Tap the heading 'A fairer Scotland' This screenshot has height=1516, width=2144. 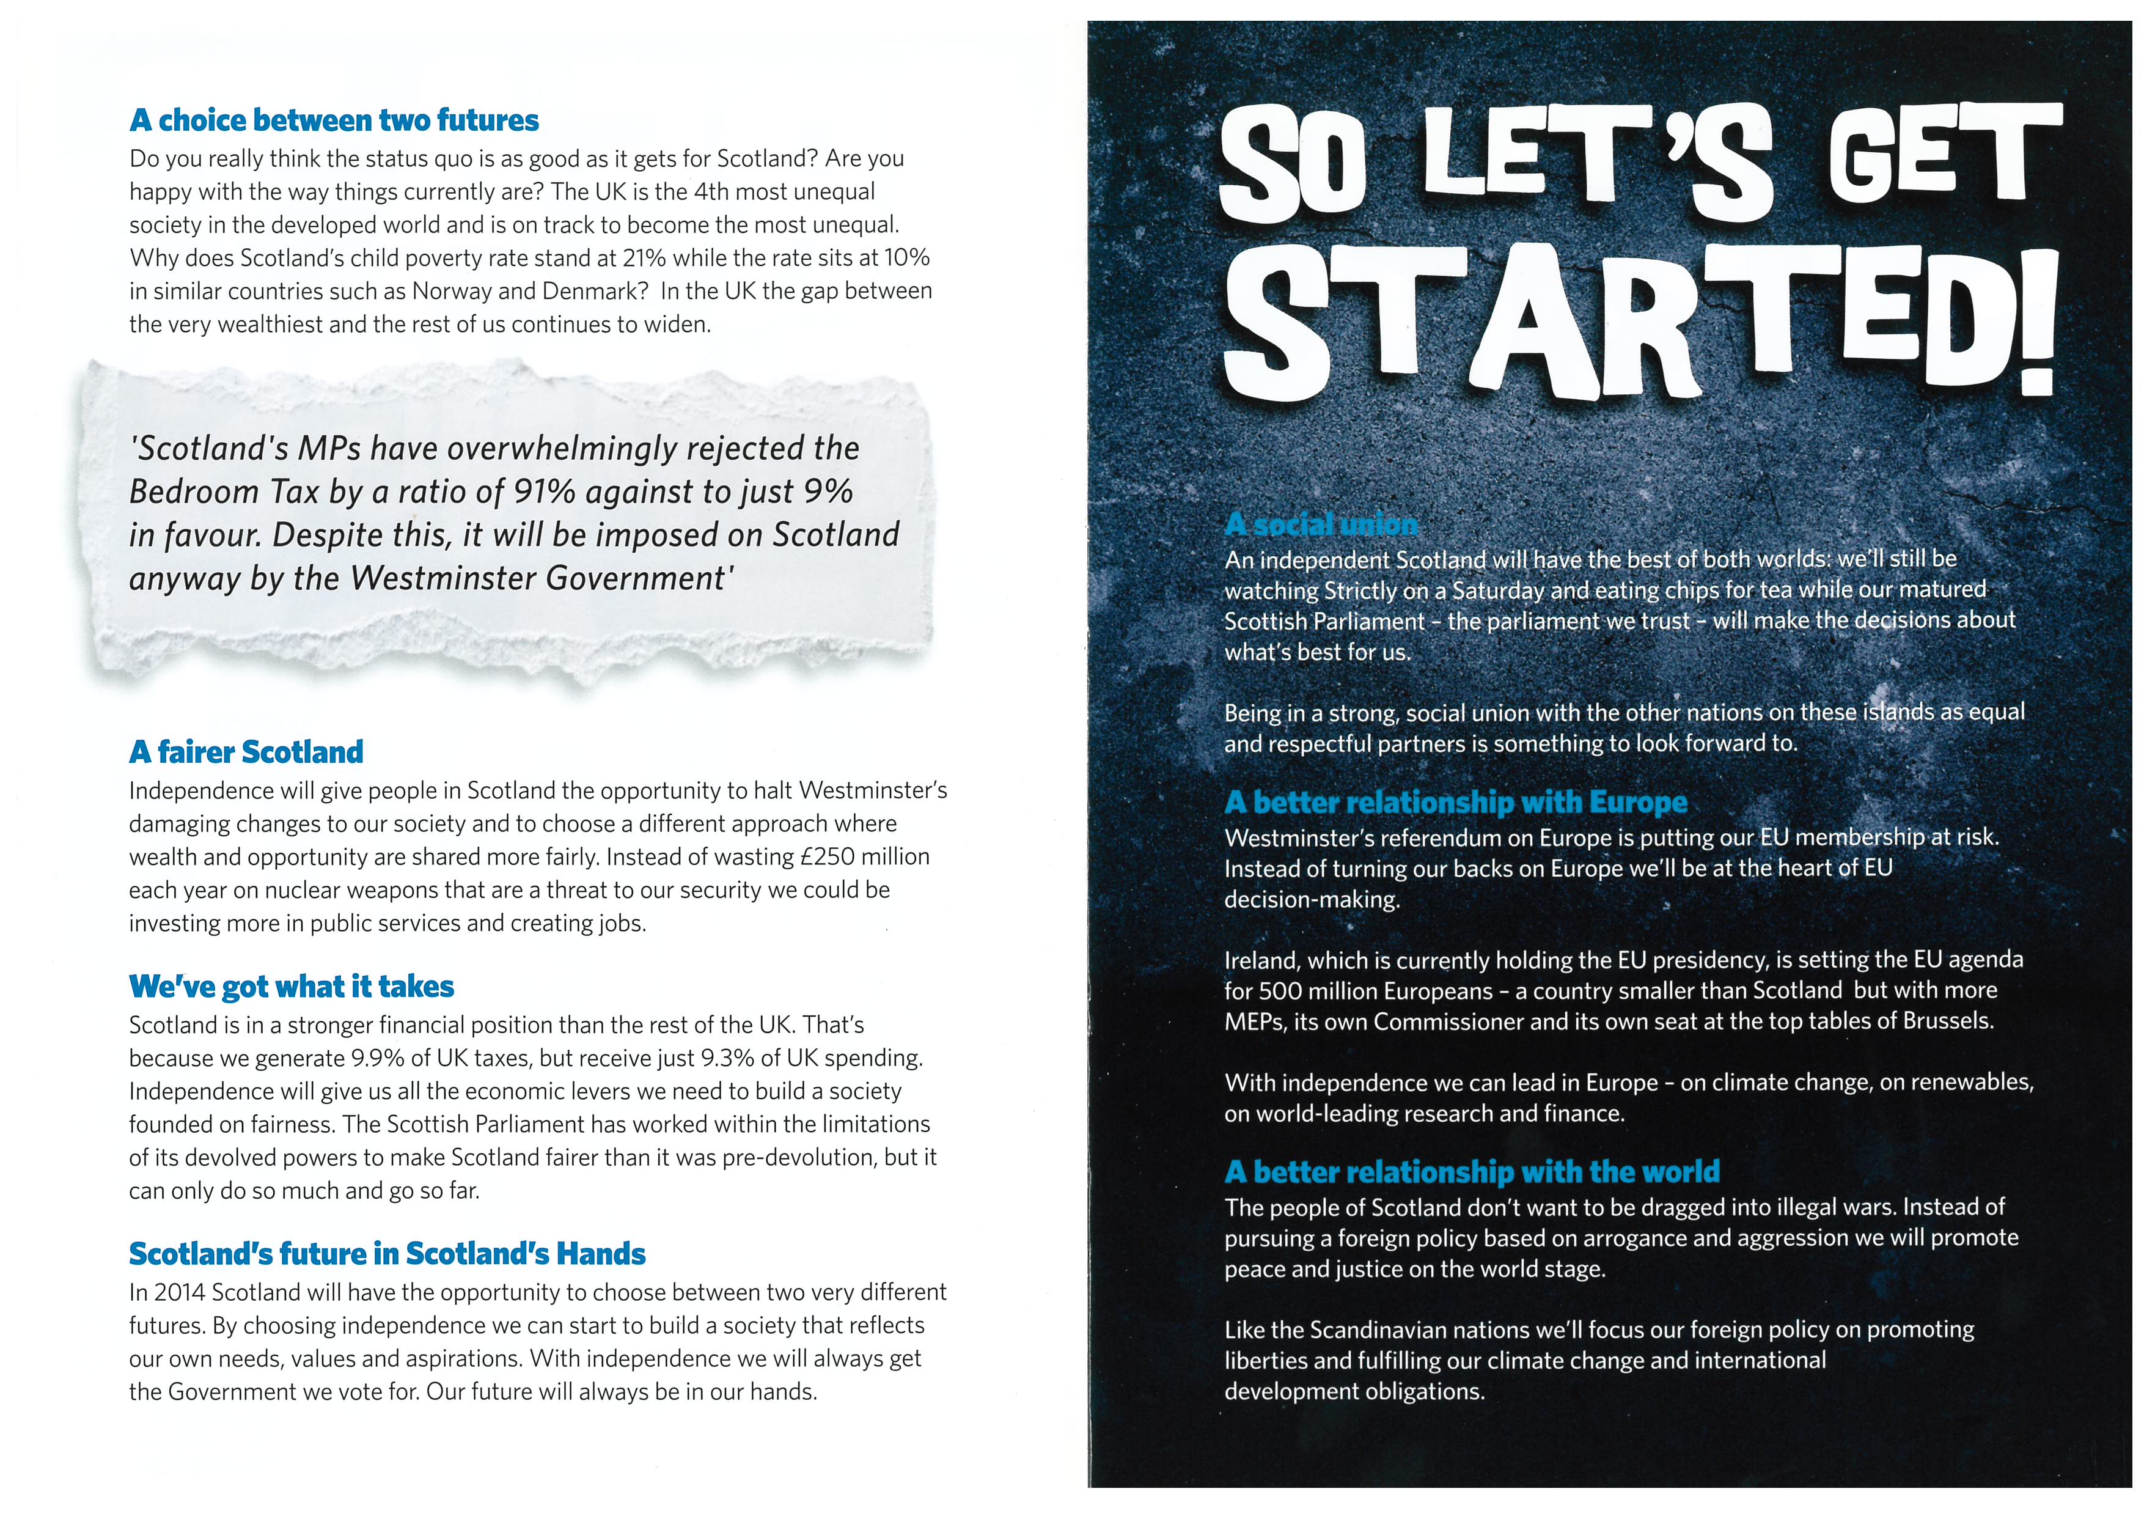pyautogui.click(x=246, y=752)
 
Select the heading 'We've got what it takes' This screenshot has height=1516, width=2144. pyautogui.click(x=292, y=987)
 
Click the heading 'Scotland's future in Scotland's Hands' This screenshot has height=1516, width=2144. pyautogui.click(x=387, y=1254)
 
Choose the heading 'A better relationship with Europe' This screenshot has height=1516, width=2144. pyautogui.click(x=1456, y=803)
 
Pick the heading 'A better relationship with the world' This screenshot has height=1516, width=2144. pyautogui.click(x=1472, y=1171)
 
